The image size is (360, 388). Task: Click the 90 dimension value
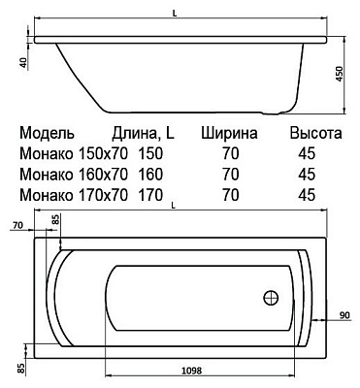coord(345,315)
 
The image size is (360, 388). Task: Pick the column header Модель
coord(49,134)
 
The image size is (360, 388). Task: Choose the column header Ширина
coord(230,134)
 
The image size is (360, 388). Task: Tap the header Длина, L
coord(143,134)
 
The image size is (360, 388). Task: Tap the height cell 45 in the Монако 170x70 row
coord(308,195)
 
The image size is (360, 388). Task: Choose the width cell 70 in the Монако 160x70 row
coord(231,175)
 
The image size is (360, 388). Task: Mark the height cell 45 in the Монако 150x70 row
coord(308,154)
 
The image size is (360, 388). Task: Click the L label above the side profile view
coord(173,7)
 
